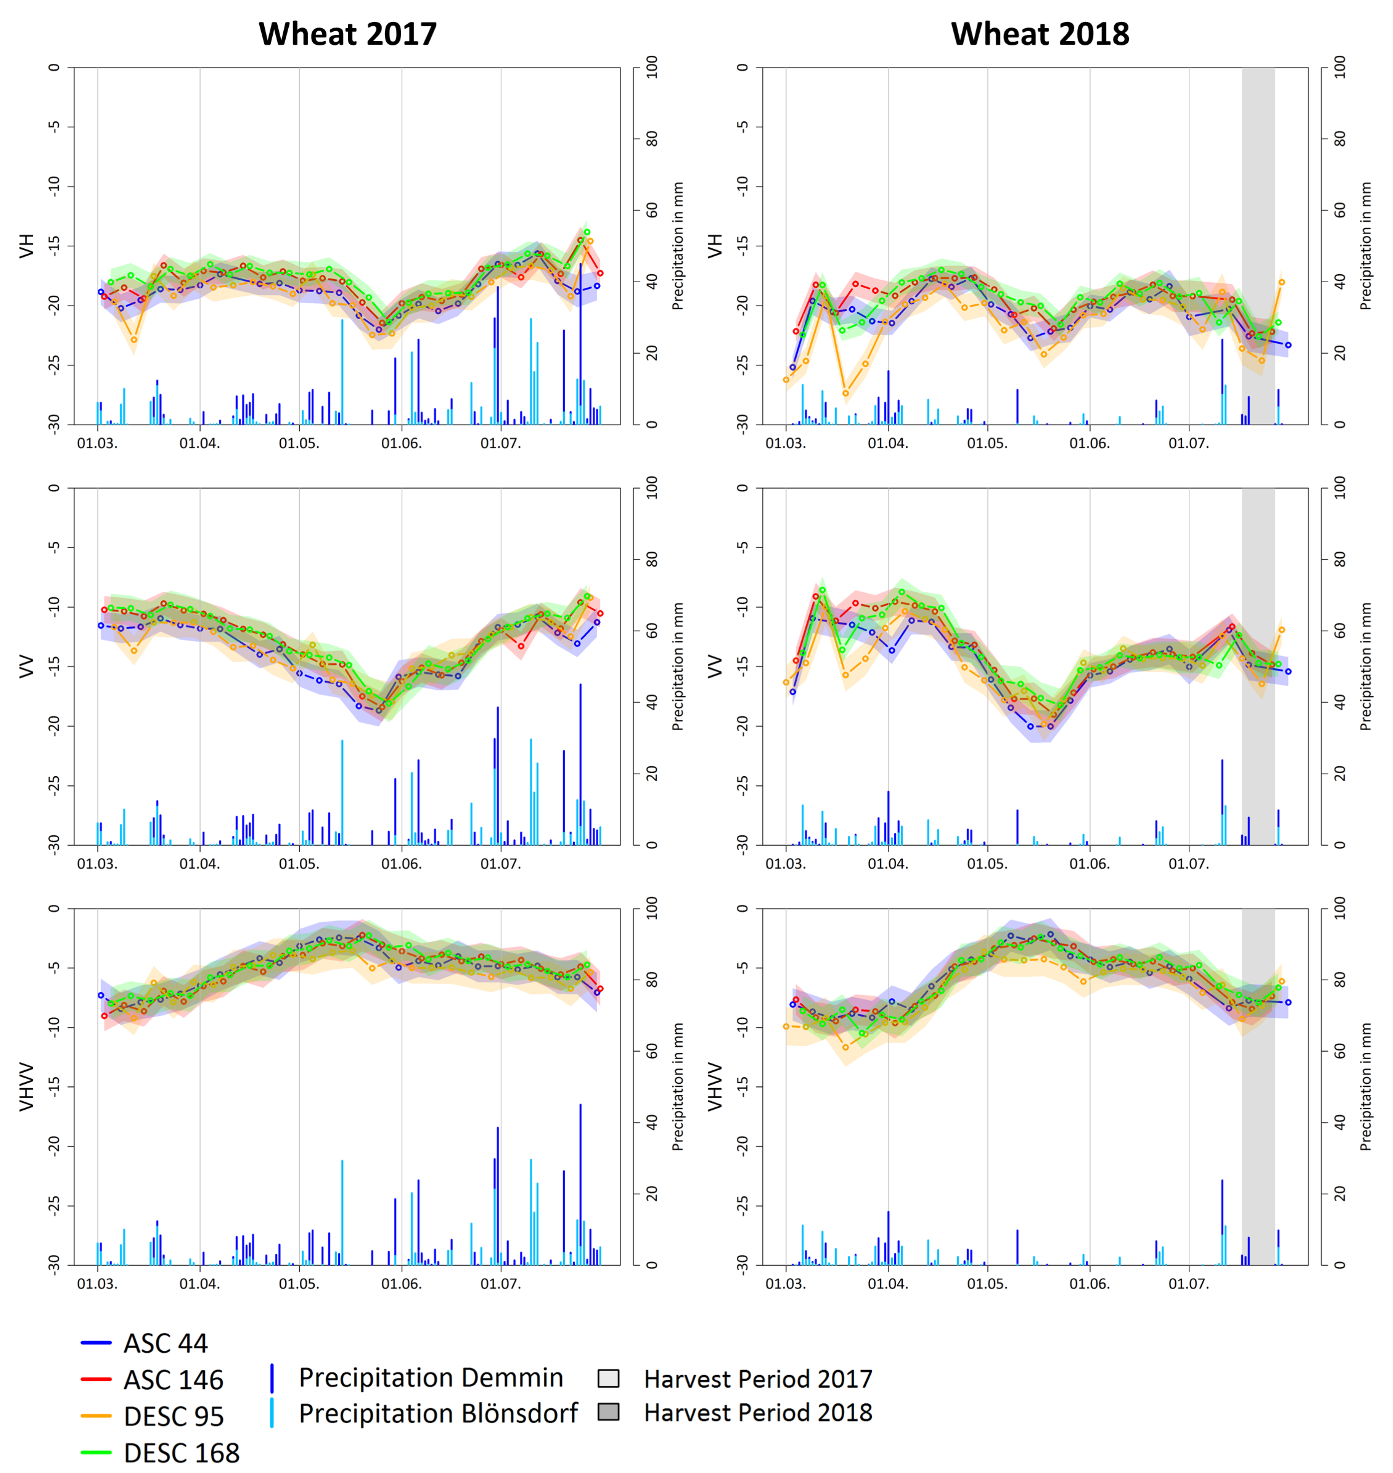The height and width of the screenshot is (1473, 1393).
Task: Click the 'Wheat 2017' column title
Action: pyautogui.click(x=347, y=34)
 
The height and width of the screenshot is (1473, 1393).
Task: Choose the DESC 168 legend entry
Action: pyautogui.click(x=181, y=1452)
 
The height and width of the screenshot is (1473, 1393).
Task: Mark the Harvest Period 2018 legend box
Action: pyautogui.click(x=608, y=1412)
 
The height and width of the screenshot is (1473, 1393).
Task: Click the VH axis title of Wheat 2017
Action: pyautogui.click(x=27, y=246)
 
